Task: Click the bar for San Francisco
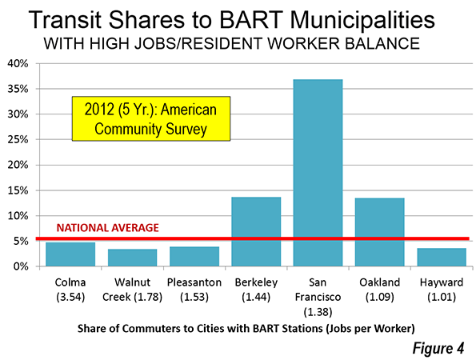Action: coord(318,173)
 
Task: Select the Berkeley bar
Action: coord(256,232)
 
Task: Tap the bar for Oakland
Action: coord(380,232)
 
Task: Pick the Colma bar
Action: coord(70,254)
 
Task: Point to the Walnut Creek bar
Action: coord(132,258)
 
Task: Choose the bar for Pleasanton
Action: coord(194,257)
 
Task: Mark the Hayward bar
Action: coord(442,257)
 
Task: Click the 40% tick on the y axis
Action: coord(18,64)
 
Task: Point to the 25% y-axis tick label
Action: coord(18,140)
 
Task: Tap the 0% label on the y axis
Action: coord(21,266)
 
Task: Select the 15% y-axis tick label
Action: coord(18,190)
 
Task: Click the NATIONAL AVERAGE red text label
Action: coord(108,228)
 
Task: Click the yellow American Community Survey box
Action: coord(151,118)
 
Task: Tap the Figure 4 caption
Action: coord(438,348)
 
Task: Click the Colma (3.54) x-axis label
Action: coord(70,290)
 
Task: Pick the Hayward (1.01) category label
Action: coord(442,290)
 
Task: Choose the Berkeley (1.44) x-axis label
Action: coord(256,290)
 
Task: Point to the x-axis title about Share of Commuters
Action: coord(246,329)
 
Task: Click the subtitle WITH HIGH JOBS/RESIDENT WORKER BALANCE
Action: coord(232,44)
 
